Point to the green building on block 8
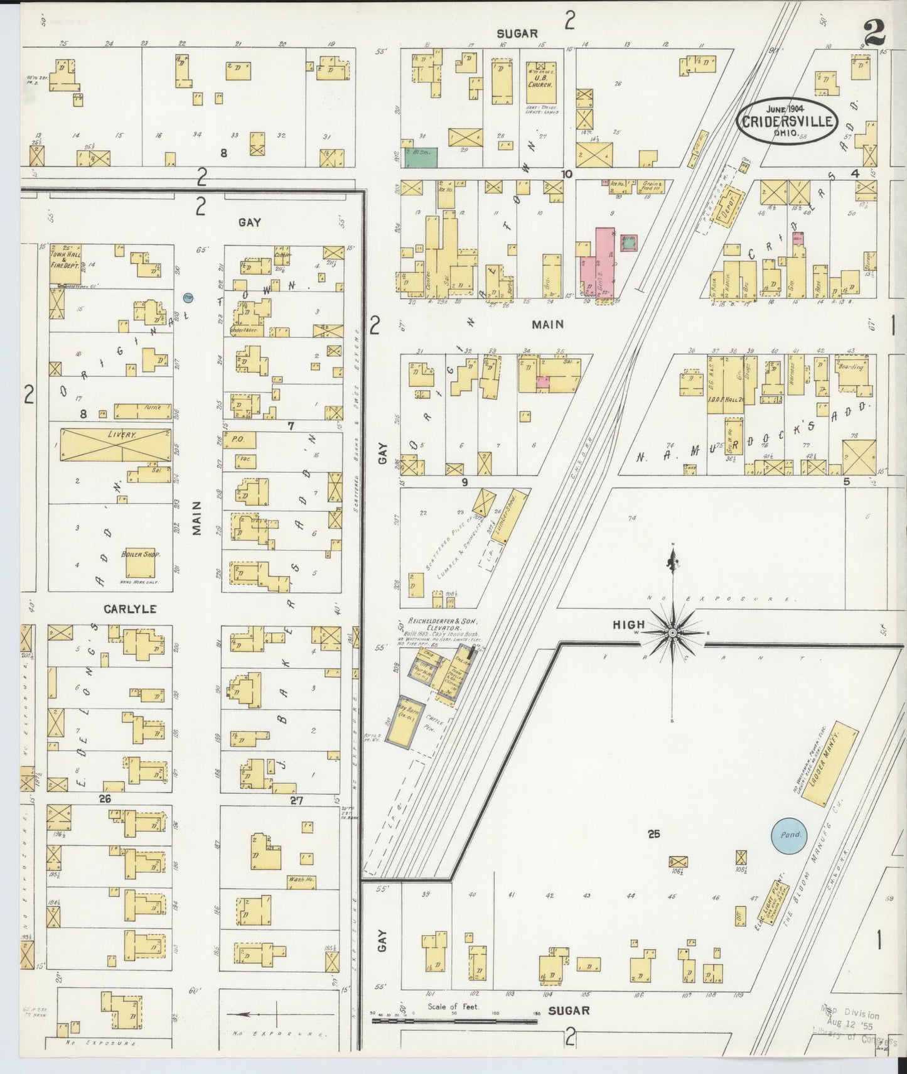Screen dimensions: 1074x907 pos(421,157)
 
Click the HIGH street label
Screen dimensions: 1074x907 pos(629,624)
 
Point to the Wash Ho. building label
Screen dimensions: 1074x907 pos(301,880)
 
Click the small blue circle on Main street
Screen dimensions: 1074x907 pos(188,297)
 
